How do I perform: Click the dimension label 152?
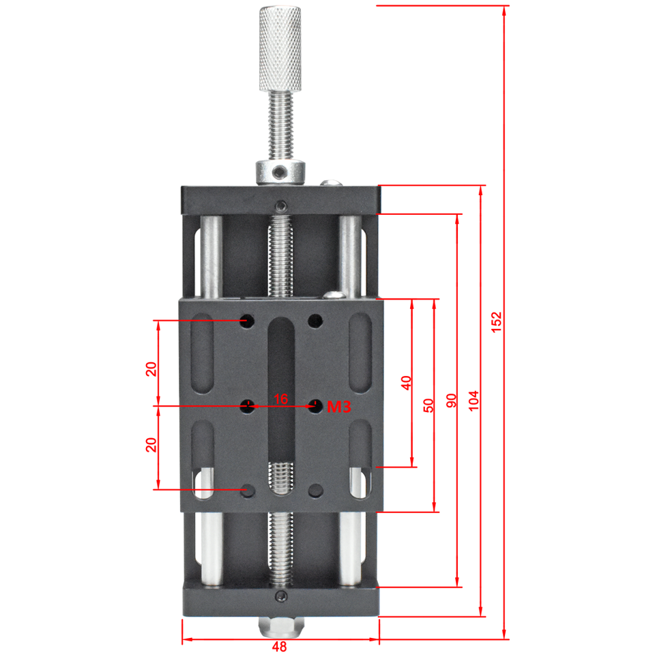tap(496, 322)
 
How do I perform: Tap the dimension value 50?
tap(428, 405)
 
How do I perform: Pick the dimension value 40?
tap(406, 383)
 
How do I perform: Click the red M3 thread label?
tap(338, 407)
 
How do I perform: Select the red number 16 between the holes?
tap(280, 398)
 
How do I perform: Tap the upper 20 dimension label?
tap(151, 369)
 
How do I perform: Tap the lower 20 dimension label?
tap(151, 445)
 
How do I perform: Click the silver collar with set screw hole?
tap(280, 171)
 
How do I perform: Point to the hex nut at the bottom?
tap(280, 624)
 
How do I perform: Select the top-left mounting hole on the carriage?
tap(247, 319)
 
